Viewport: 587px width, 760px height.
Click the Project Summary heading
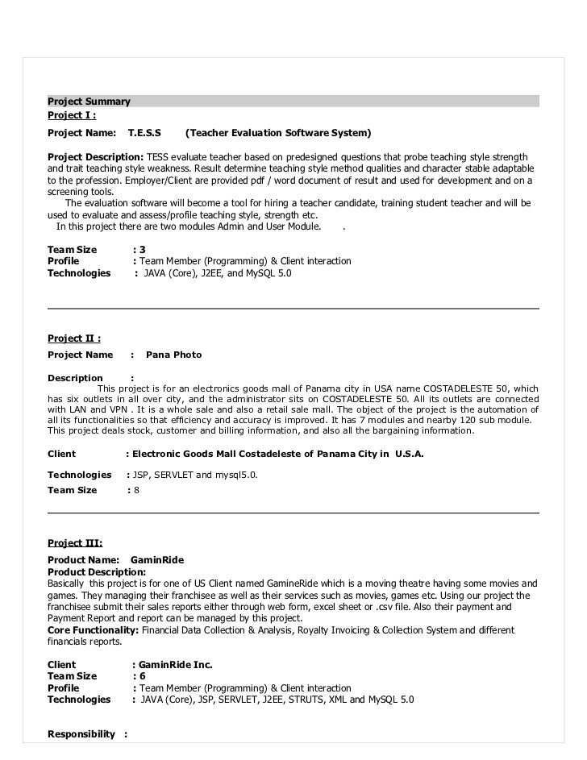point(89,102)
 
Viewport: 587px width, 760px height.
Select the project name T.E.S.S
point(144,132)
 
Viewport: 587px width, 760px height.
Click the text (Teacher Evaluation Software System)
point(278,132)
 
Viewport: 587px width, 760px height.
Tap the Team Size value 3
point(143,250)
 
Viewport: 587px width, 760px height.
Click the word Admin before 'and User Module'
point(237,226)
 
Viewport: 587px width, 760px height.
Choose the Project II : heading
point(73,338)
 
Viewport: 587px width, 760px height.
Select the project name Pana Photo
point(173,355)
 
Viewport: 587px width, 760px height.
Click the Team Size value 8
point(137,490)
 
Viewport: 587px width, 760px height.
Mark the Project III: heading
point(75,543)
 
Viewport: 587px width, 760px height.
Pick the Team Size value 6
point(143,676)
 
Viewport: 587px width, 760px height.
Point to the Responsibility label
point(81,735)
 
